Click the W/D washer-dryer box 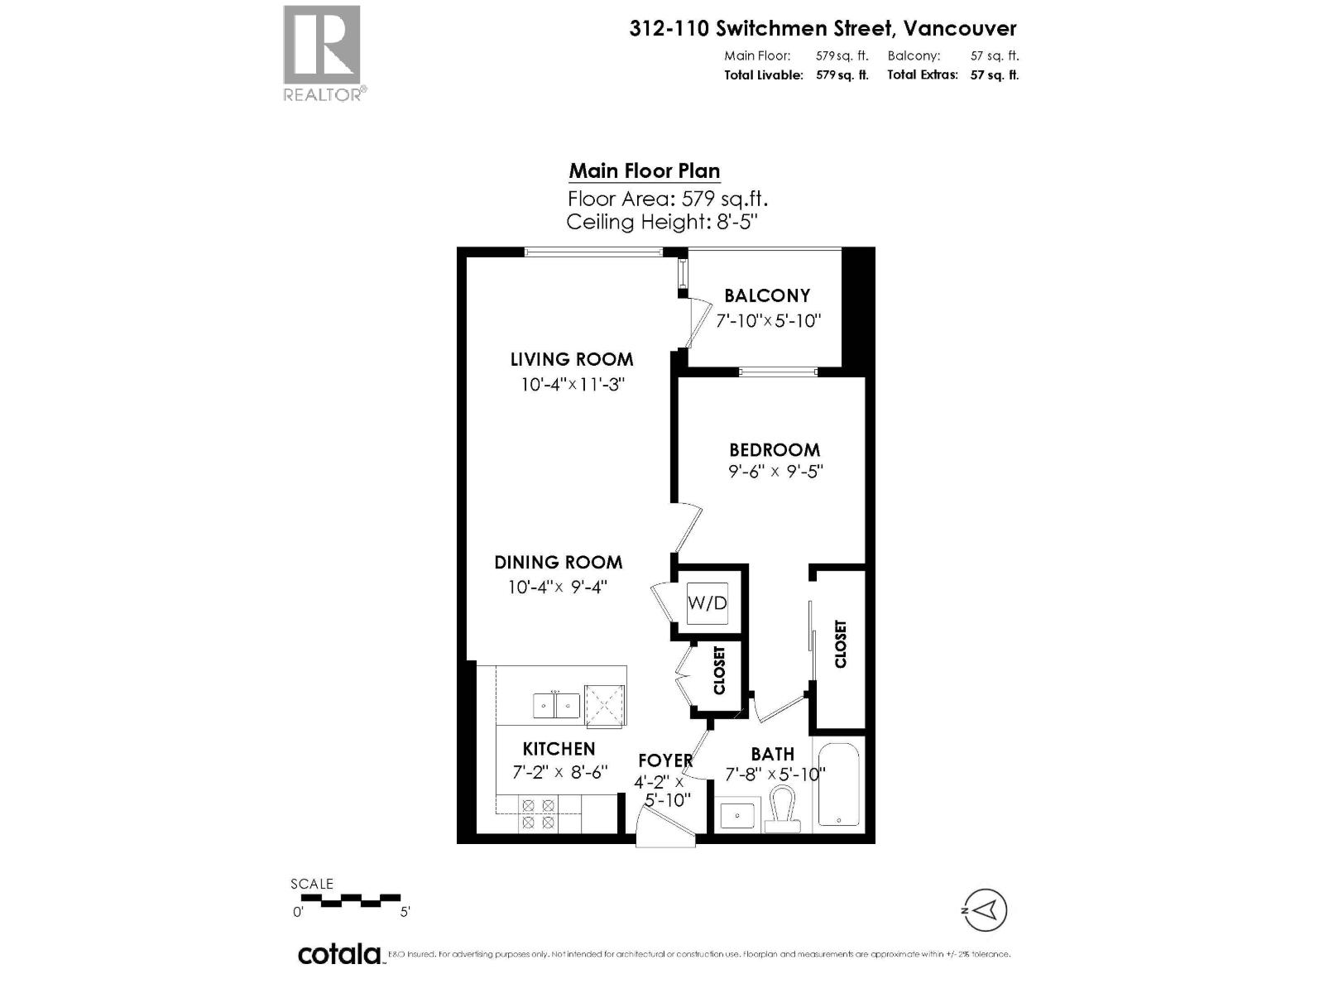(708, 602)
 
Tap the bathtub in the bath (839, 783)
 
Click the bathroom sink (736, 815)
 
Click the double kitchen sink (555, 705)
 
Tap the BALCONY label (767, 295)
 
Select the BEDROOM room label (775, 449)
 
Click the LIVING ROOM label (572, 359)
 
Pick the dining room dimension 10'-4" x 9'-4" (558, 587)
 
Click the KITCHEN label (559, 749)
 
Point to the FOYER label (664, 760)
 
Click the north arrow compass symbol (985, 911)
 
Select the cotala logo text (339, 953)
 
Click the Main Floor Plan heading (644, 171)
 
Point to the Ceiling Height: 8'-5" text (662, 222)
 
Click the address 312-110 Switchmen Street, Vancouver (823, 28)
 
